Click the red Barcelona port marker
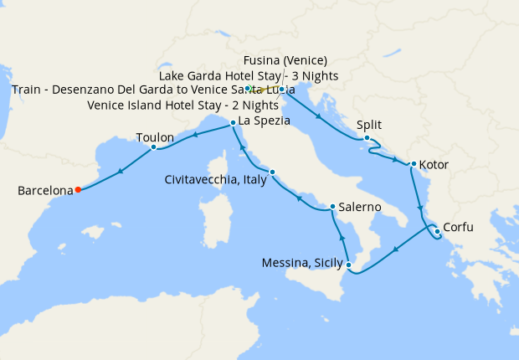(78, 189)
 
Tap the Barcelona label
(45, 191)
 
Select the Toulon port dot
(153, 147)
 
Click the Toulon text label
(155, 137)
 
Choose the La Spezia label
(264, 121)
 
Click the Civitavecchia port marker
(272, 172)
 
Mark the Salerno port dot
(332, 207)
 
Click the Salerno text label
(360, 207)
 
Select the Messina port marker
(349, 265)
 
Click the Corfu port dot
(436, 231)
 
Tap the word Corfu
(463, 226)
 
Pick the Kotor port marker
(413, 164)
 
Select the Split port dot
(367, 138)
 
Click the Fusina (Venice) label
(285, 60)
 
